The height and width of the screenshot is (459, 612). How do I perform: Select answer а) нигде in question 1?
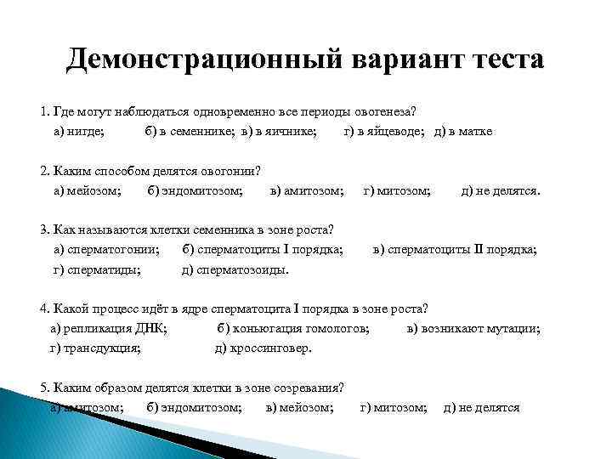(x=79, y=132)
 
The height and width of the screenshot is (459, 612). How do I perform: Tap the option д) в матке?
(x=463, y=132)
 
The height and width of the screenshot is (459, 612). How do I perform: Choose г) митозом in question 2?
(x=396, y=191)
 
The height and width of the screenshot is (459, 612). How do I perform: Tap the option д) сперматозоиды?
(x=235, y=271)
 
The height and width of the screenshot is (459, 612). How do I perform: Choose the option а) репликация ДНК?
(x=109, y=328)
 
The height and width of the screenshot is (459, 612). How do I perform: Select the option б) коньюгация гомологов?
(x=293, y=328)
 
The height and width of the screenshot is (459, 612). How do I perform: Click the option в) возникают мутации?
(x=473, y=328)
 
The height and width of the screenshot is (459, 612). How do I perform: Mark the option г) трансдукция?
(x=95, y=348)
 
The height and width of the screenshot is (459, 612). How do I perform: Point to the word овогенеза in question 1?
(x=387, y=112)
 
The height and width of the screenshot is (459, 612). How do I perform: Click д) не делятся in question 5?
(x=482, y=407)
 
